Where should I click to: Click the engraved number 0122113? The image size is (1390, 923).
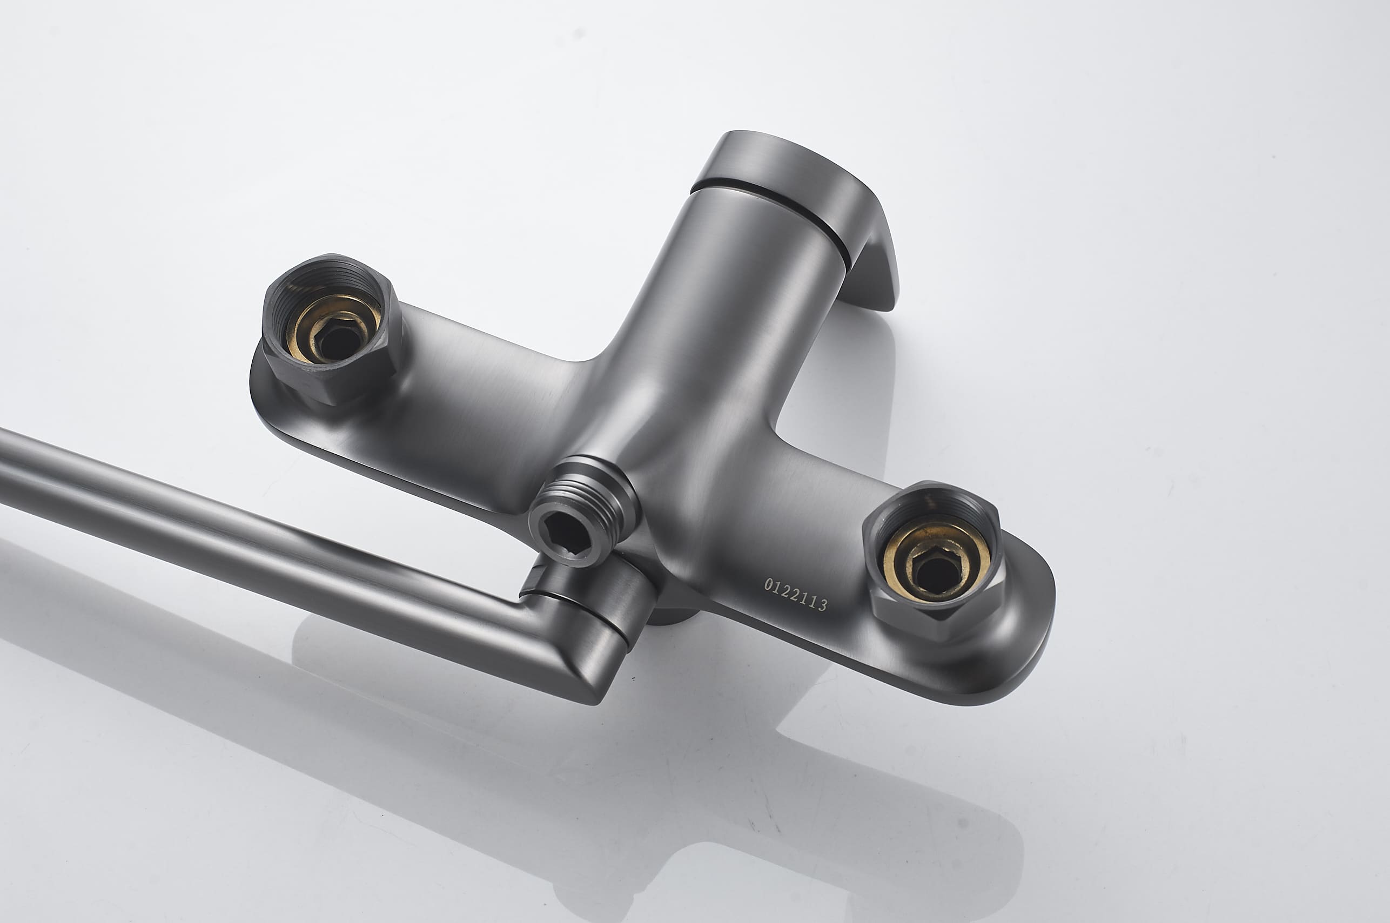click(795, 595)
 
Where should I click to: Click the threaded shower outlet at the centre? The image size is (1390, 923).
click(583, 509)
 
